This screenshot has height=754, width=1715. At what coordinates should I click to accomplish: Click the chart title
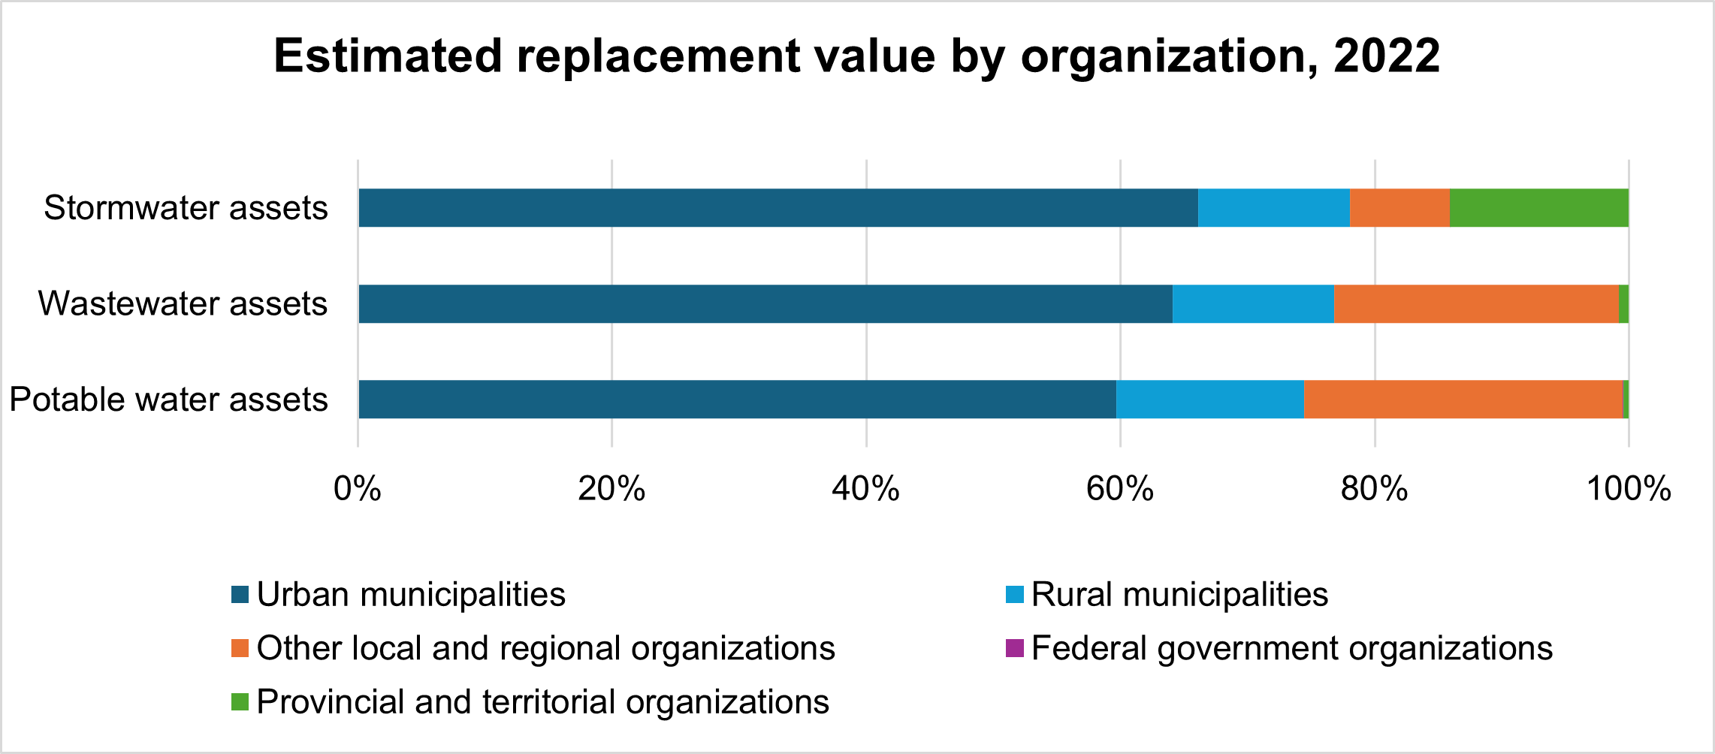coord(856,56)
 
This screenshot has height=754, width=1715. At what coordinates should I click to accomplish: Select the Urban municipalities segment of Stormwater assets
coord(777,208)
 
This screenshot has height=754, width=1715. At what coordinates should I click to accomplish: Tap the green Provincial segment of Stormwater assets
coord(1538,208)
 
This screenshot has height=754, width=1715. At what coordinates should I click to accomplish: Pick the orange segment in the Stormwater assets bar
coord(1399,208)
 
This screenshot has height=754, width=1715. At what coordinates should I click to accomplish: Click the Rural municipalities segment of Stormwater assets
coord(1274,208)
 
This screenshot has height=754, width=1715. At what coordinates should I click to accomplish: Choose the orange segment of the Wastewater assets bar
coord(1476,304)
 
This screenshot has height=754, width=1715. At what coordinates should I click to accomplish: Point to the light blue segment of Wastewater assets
coord(1253,304)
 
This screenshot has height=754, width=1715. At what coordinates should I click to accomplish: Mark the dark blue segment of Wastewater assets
coord(765,304)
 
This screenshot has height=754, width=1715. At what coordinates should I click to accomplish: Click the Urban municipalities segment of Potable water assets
coord(737,400)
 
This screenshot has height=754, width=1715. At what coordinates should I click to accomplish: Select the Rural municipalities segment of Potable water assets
coord(1209,400)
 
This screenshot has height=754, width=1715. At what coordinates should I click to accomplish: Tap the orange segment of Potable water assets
coord(1463,400)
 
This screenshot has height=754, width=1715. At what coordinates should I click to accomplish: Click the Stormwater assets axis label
coord(186,208)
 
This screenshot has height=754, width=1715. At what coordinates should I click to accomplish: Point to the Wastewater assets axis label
coord(183,304)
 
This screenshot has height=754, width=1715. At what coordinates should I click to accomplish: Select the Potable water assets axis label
coord(168,400)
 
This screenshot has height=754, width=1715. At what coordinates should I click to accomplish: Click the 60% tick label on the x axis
coord(1120,489)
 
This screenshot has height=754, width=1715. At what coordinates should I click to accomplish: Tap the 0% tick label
coord(358,489)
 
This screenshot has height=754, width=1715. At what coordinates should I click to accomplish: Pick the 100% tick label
coord(1628,489)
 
